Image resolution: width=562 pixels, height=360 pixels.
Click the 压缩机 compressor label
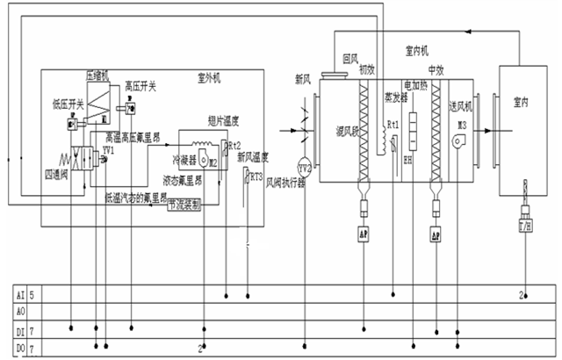click(97, 76)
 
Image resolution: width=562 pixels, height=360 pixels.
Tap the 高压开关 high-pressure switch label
click(140, 86)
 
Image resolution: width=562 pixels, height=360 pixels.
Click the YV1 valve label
click(108, 150)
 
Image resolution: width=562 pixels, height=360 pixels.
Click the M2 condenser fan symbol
click(212, 162)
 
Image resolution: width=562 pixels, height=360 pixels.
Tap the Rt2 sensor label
click(235, 144)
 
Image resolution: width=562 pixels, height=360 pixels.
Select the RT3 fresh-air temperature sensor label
click(256, 176)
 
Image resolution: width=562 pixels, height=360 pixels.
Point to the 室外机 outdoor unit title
click(209, 78)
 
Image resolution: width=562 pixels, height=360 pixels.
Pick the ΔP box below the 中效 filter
click(435, 234)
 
